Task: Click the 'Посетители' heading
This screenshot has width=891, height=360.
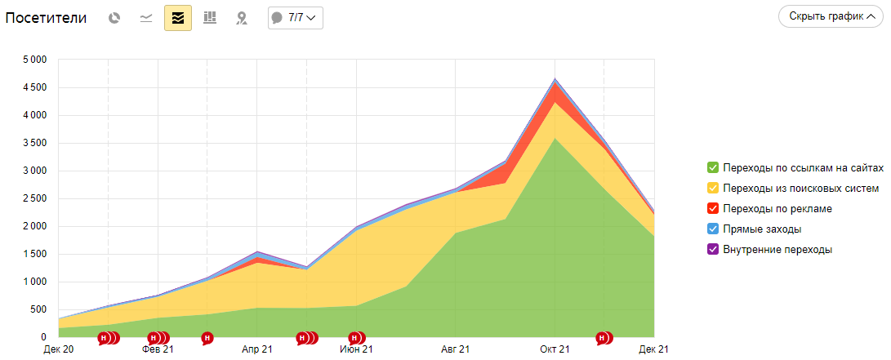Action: [46, 18]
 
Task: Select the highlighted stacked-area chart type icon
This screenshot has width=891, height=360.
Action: [178, 18]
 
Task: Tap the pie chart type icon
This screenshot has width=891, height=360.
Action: [115, 18]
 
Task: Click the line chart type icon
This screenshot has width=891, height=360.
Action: [146, 18]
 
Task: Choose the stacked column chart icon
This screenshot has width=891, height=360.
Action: [210, 18]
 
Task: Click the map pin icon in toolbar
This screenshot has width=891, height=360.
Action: [241, 18]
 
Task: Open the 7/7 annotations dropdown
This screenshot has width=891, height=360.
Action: [296, 17]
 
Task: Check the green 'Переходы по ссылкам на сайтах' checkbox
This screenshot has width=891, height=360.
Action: [713, 167]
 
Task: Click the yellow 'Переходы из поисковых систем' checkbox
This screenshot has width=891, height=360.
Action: [713, 189]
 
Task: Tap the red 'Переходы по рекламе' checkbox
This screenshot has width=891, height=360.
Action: [713, 209]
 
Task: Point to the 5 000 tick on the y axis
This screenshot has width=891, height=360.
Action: [34, 60]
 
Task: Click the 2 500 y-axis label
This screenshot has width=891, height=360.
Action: [34, 198]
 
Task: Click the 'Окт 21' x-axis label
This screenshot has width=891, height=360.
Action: [555, 349]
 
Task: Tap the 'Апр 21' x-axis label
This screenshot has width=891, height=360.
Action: [257, 349]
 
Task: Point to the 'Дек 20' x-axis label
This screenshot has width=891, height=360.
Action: [58, 349]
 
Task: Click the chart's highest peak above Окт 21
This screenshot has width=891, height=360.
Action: [555, 79]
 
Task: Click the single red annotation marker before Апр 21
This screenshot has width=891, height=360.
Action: [207, 337]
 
